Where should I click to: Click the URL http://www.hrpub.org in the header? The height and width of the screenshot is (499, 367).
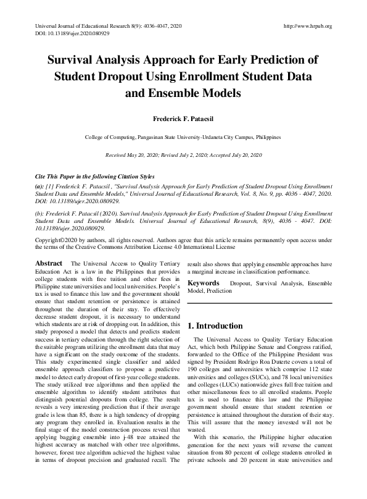[x=307, y=27]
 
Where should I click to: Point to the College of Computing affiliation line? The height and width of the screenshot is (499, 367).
[x=183, y=136]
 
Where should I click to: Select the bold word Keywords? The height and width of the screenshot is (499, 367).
[x=204, y=283]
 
